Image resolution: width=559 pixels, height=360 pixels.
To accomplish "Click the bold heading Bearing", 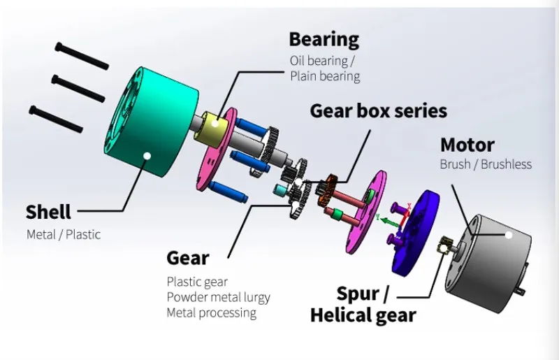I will (324, 39).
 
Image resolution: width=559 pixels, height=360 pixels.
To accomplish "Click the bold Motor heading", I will (467, 145).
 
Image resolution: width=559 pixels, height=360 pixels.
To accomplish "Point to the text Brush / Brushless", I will (486, 165).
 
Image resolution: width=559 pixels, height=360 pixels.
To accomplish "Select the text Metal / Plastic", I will (64, 234).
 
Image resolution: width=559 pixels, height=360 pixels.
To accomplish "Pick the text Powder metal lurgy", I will (218, 297).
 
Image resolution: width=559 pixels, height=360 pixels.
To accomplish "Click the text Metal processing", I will (211, 312).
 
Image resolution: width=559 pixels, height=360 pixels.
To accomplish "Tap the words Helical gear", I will (363, 315).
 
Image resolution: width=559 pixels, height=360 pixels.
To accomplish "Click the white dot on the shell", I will (147, 156).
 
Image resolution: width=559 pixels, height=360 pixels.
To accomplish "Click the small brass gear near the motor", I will (444, 245).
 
